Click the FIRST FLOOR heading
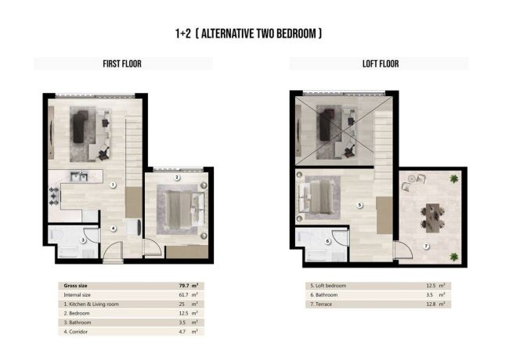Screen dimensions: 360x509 tap(121, 63)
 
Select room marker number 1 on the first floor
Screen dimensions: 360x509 tap(113, 185)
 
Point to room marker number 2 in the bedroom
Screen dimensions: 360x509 tap(177, 178)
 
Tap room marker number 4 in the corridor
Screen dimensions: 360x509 tap(114, 229)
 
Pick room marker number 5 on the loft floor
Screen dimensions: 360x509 tap(359, 206)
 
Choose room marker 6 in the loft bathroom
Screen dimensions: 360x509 tap(327, 241)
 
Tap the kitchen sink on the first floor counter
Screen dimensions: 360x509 tap(76, 176)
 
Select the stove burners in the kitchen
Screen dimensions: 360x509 tap(54, 196)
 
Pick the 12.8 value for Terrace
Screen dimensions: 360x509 tap(439, 304)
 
